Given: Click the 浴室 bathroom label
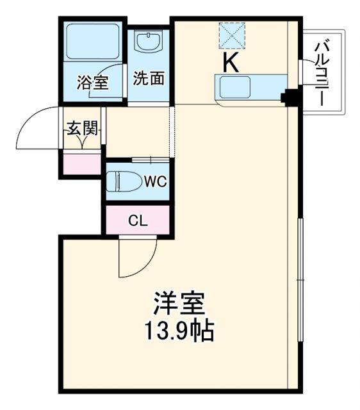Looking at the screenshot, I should click(x=92, y=82).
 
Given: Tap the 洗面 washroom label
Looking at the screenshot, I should click(x=149, y=78).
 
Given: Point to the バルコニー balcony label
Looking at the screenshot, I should click(x=323, y=73).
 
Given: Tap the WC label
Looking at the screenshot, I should click(x=154, y=181).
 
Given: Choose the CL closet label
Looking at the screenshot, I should click(x=137, y=222).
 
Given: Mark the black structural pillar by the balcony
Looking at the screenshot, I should click(x=291, y=97).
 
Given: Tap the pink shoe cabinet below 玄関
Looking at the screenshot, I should click(x=82, y=164).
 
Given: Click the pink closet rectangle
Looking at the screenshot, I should click(x=137, y=221).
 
